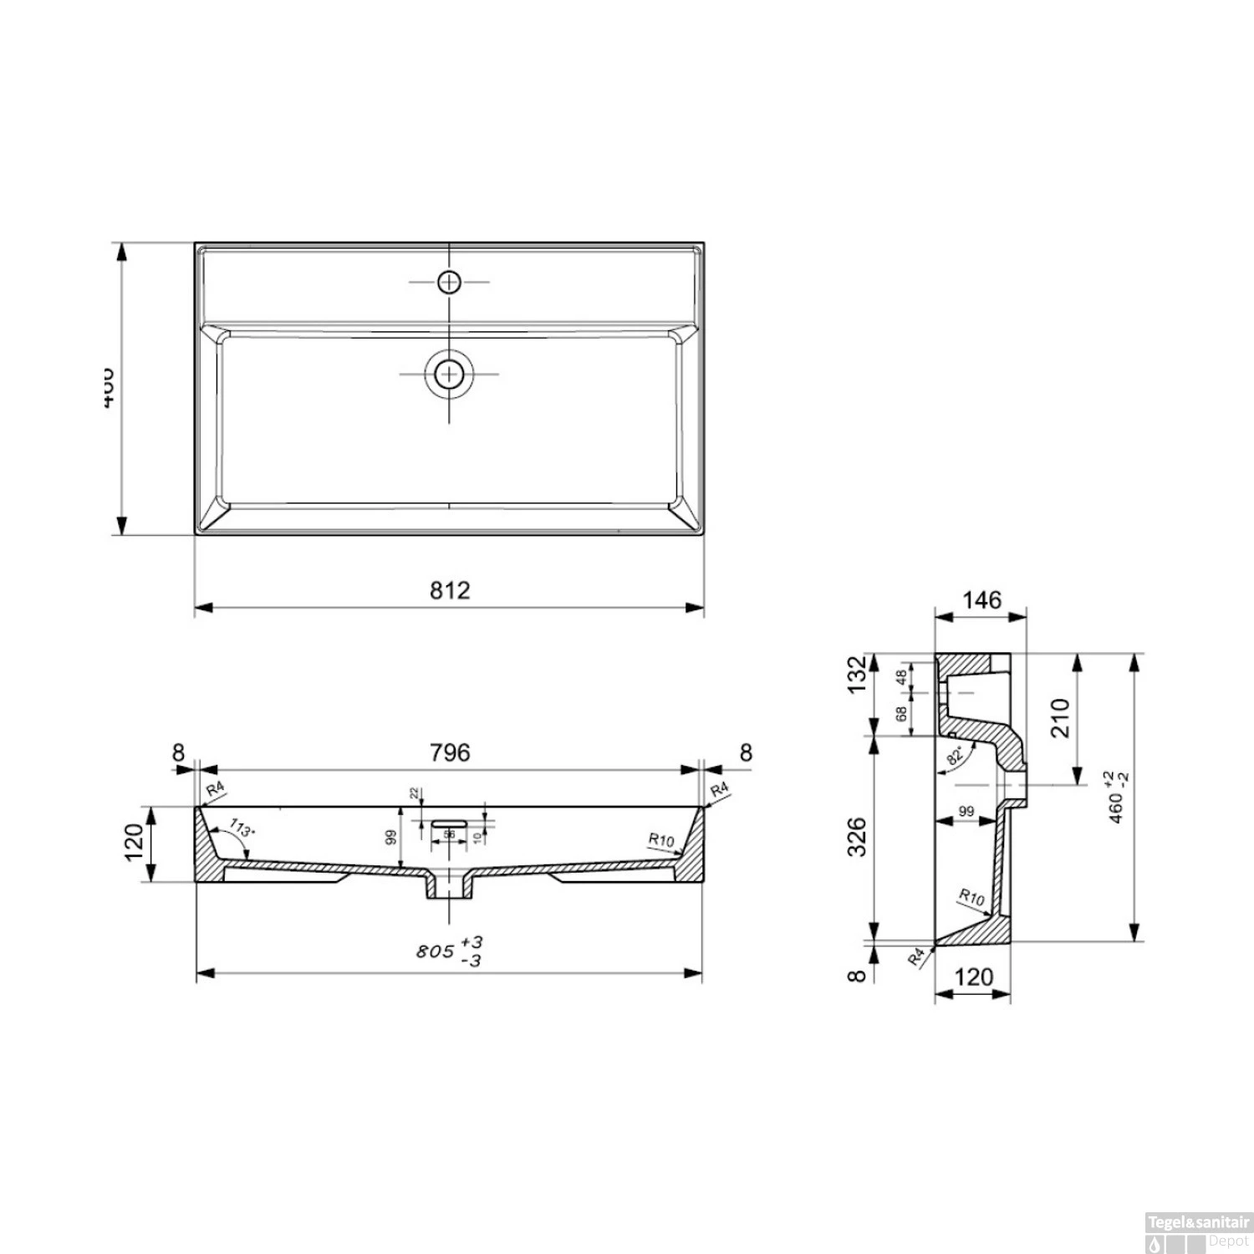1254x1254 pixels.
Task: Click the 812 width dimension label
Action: pos(450,590)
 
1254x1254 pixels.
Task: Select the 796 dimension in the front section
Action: pos(450,752)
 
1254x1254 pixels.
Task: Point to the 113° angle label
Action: pos(240,830)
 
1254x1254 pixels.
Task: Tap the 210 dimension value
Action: pos(1060,717)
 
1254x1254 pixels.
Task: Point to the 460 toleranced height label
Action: pos(1119,798)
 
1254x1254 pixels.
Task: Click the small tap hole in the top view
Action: pos(450,283)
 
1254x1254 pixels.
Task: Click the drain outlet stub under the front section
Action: pos(450,888)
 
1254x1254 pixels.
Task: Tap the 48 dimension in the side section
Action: pos(901,677)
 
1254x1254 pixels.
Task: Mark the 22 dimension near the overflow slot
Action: pos(413,793)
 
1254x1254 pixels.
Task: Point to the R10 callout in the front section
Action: pos(660,840)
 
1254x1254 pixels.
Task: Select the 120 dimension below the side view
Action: pos(973,976)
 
